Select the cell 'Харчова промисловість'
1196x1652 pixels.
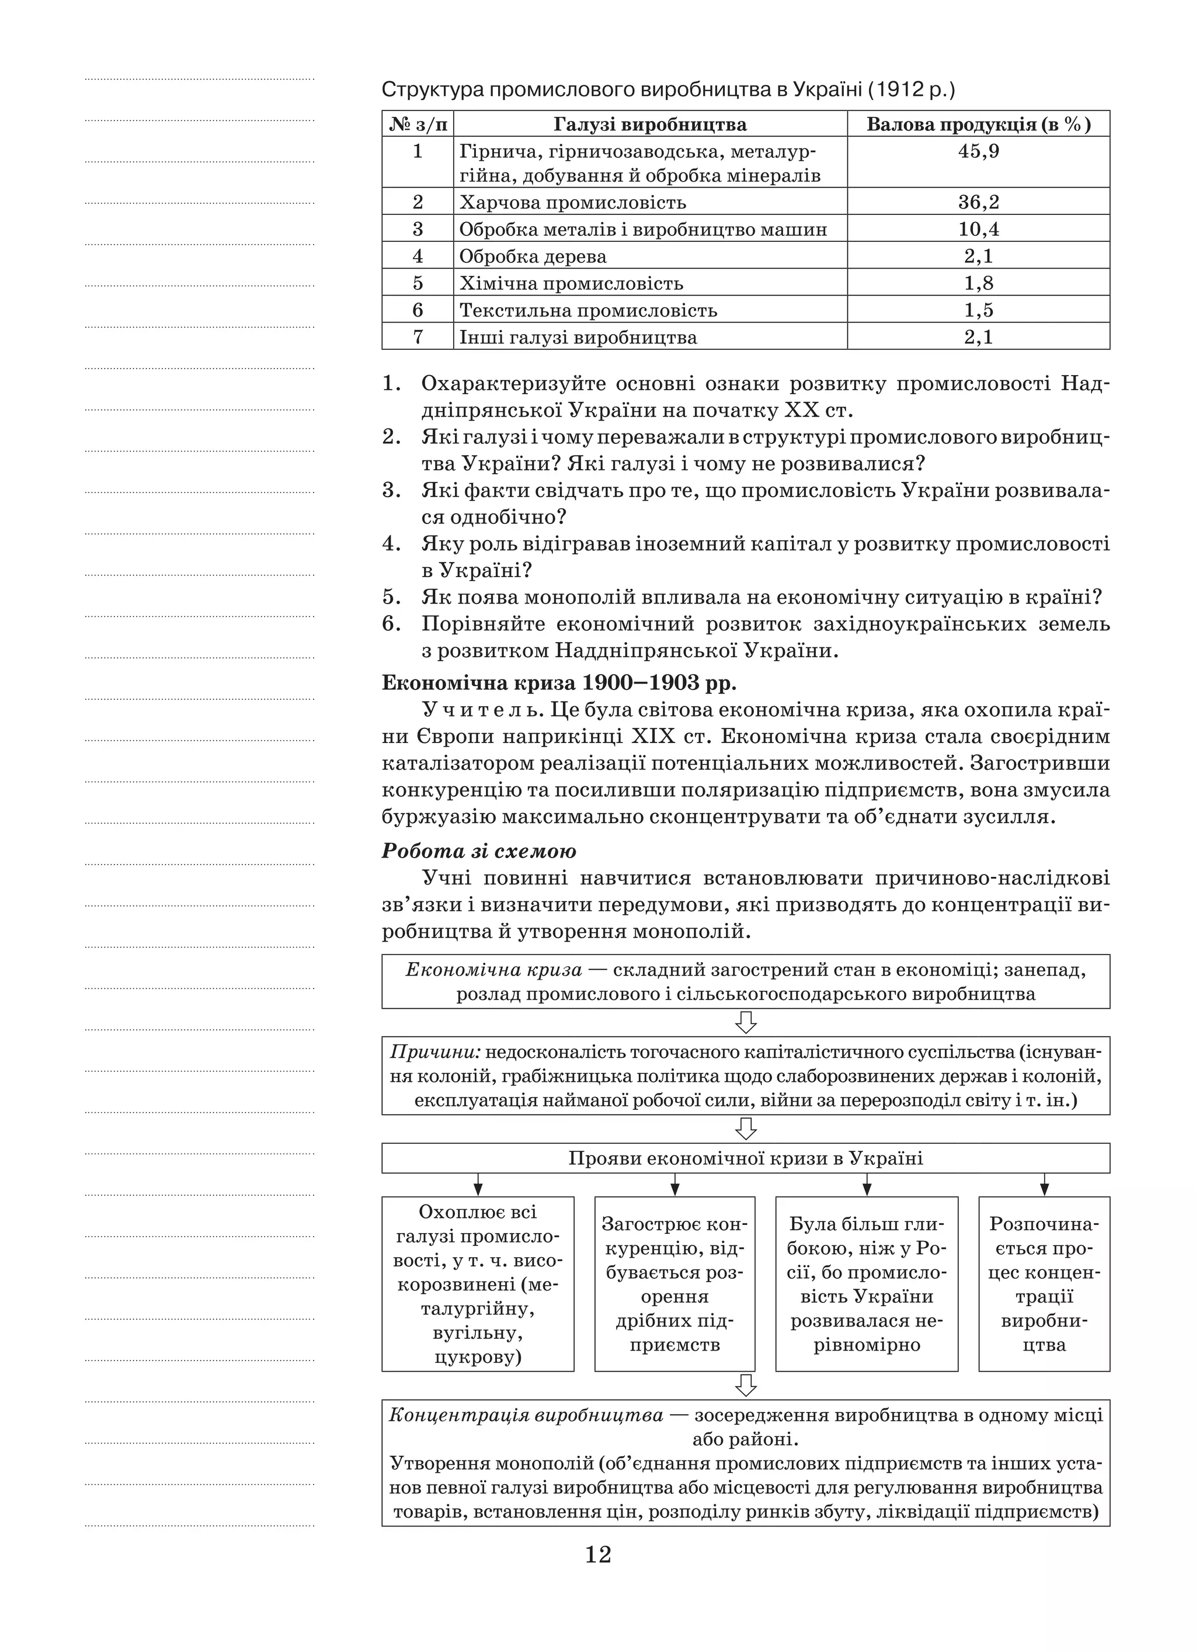pos(572,203)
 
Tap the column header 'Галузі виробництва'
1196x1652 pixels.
pos(650,124)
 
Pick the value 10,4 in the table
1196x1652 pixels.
pos(978,230)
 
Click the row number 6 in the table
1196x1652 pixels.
pos(418,310)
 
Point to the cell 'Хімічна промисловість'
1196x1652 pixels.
pos(571,283)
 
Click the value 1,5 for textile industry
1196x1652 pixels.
pos(978,310)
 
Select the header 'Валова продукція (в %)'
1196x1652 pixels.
pos(978,124)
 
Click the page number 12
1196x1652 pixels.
pos(598,1555)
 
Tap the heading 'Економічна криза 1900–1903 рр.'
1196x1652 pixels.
pos(559,683)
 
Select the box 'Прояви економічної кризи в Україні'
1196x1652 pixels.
pos(745,1158)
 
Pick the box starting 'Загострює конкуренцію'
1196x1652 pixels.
pos(675,1283)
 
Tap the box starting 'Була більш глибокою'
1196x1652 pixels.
pos(866,1283)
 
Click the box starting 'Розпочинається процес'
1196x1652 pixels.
pos(1044,1283)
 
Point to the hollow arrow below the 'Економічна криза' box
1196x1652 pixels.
pos(746,1023)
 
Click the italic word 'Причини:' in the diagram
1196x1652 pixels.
pos(435,1053)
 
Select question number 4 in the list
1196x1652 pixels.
pos(392,543)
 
